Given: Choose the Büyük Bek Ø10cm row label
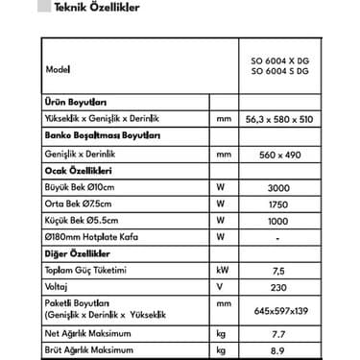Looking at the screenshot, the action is click(80, 187).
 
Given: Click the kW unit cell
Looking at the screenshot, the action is click(224, 272).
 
